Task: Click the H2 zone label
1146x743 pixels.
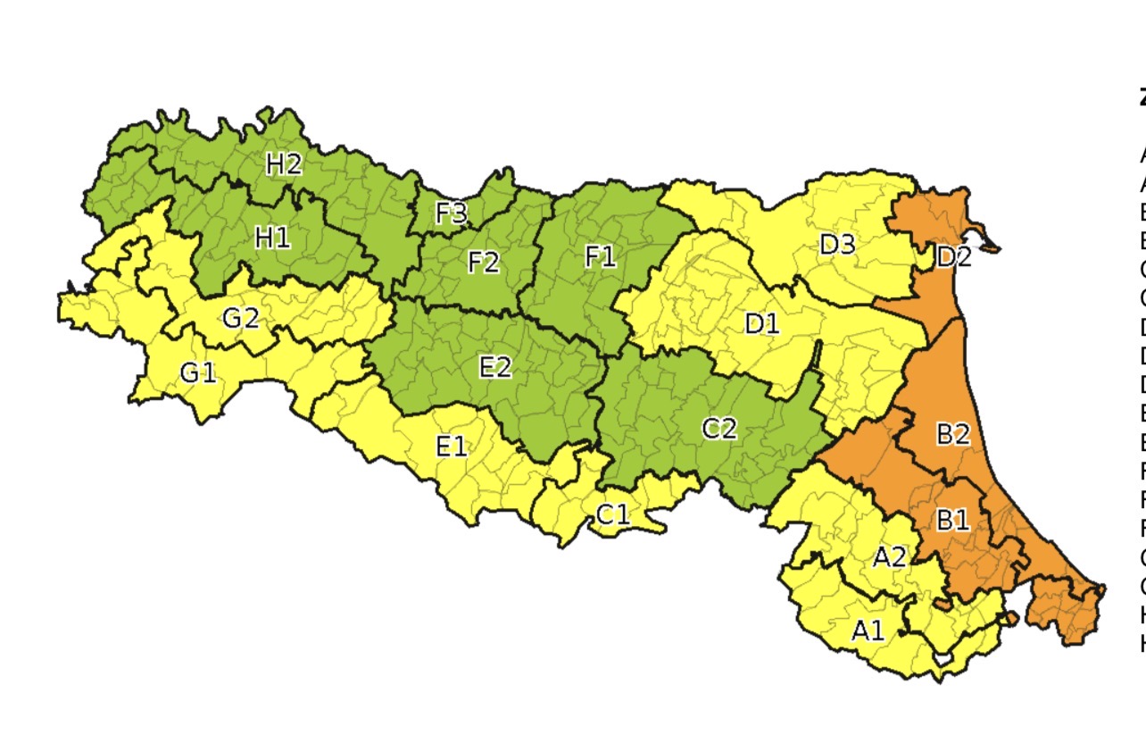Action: coord(285,163)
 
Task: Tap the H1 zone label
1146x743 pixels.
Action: coord(272,238)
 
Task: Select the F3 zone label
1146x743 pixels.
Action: coord(451,214)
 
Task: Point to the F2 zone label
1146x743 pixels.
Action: coord(483,263)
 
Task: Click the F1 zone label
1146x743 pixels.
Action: coord(600,258)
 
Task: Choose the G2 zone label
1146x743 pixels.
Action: coord(240,318)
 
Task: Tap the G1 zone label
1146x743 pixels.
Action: coord(198,373)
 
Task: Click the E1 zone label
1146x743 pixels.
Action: coord(451,445)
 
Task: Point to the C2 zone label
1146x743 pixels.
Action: coord(719,429)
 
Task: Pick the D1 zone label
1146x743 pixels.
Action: coord(761,324)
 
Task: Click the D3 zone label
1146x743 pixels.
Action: coord(837,244)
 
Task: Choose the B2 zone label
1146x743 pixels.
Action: coord(952,435)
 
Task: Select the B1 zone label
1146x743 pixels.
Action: coord(951,520)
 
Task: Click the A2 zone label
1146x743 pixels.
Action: coord(889,558)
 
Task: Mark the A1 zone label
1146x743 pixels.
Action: coord(868,631)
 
